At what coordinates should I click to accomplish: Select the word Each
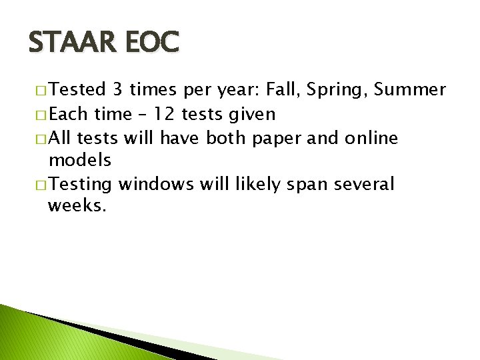pyautogui.click(x=69, y=115)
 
